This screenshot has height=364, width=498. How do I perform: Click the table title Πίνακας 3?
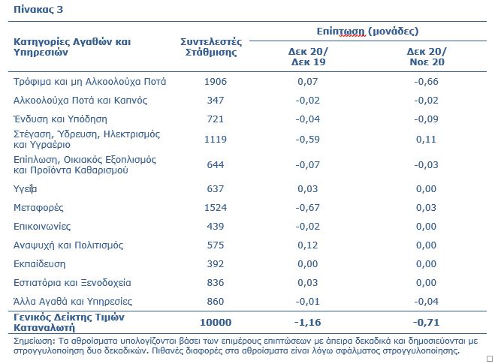(38, 10)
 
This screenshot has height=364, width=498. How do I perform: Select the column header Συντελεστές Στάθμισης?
(211, 47)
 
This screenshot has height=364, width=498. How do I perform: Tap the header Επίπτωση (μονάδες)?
(367, 31)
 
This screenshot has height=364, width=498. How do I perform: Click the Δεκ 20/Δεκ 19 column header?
(308, 56)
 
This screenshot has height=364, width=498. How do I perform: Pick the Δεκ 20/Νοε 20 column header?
(427, 56)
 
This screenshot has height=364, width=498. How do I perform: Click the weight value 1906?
(216, 82)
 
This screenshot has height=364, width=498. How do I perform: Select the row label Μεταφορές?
(38, 208)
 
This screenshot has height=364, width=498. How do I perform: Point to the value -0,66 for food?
(426, 82)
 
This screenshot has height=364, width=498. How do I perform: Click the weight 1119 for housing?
(216, 140)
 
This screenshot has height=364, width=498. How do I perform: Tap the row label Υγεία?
(25, 189)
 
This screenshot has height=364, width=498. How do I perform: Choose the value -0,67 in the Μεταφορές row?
(307, 208)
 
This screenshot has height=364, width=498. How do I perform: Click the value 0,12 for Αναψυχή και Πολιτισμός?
(307, 245)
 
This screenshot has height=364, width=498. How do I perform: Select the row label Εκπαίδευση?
(39, 264)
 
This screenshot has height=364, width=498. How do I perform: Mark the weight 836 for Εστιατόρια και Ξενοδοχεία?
(216, 282)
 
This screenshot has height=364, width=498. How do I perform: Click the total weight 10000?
(216, 323)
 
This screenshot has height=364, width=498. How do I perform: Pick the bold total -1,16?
(307, 323)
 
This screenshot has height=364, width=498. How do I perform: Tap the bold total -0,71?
(426, 323)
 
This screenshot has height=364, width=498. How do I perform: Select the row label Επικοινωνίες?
(42, 227)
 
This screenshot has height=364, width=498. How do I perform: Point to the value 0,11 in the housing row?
(426, 140)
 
